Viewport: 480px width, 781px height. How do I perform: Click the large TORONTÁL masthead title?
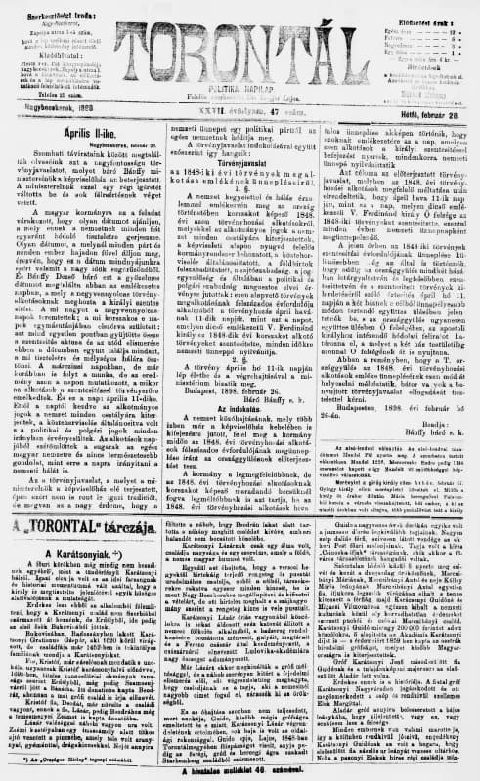tap(240, 38)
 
